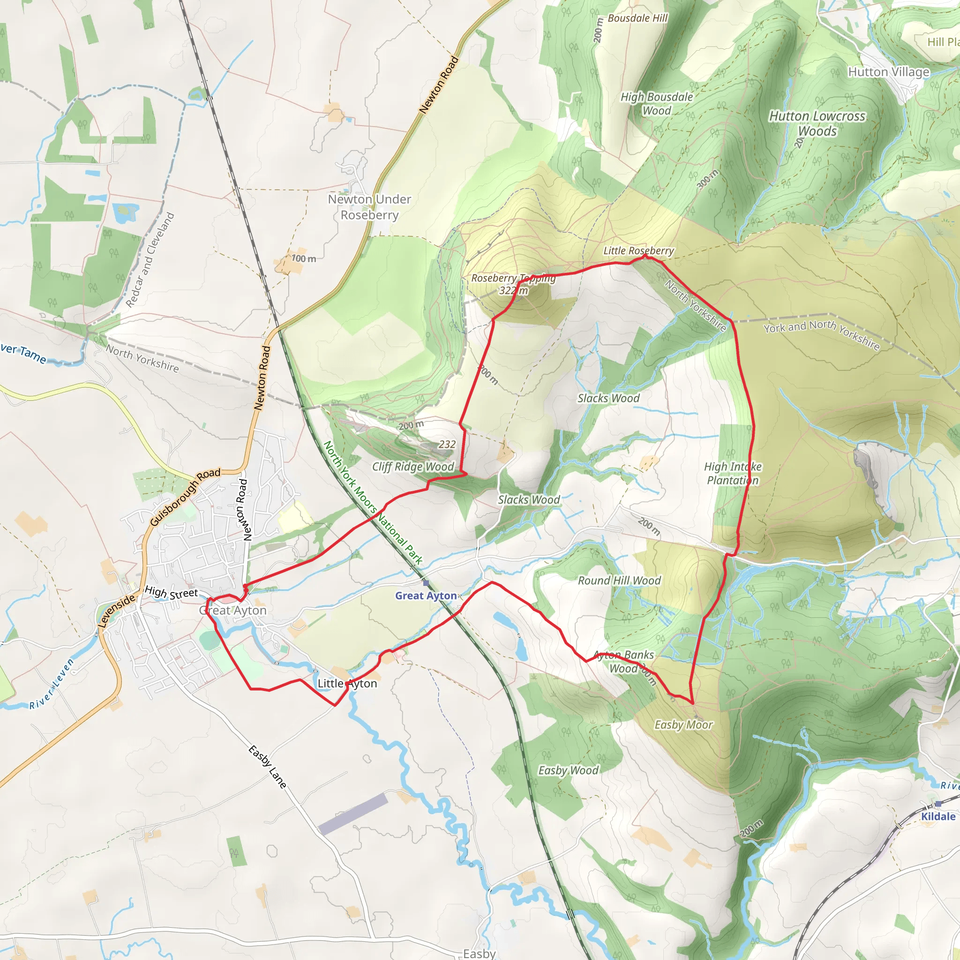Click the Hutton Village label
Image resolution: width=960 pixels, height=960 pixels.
point(888,72)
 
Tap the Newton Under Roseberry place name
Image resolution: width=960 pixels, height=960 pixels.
point(369,207)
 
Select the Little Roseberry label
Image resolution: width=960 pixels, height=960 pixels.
point(638,250)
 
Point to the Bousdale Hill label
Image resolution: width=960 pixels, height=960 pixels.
point(637,18)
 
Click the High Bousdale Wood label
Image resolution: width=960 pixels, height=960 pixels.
point(656,103)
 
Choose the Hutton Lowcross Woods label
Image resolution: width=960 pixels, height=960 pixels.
point(817,123)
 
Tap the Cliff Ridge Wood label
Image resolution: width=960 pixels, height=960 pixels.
point(413,466)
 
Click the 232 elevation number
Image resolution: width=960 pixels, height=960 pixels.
point(447,444)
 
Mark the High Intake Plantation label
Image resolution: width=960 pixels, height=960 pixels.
point(733,473)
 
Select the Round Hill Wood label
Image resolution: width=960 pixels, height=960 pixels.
point(619,580)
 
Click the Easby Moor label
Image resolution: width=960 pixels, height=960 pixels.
point(684,725)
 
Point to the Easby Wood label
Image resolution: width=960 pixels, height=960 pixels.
point(569,770)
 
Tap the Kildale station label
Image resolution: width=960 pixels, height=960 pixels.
point(938,817)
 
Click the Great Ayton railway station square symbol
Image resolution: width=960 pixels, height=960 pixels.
point(426,583)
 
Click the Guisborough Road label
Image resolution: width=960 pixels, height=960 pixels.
point(185,497)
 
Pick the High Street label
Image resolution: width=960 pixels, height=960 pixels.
point(171,593)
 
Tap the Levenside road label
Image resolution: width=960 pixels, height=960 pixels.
point(116,611)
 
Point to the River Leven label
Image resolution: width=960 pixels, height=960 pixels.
point(51,683)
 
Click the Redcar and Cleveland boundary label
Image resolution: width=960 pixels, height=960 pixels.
point(150,260)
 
